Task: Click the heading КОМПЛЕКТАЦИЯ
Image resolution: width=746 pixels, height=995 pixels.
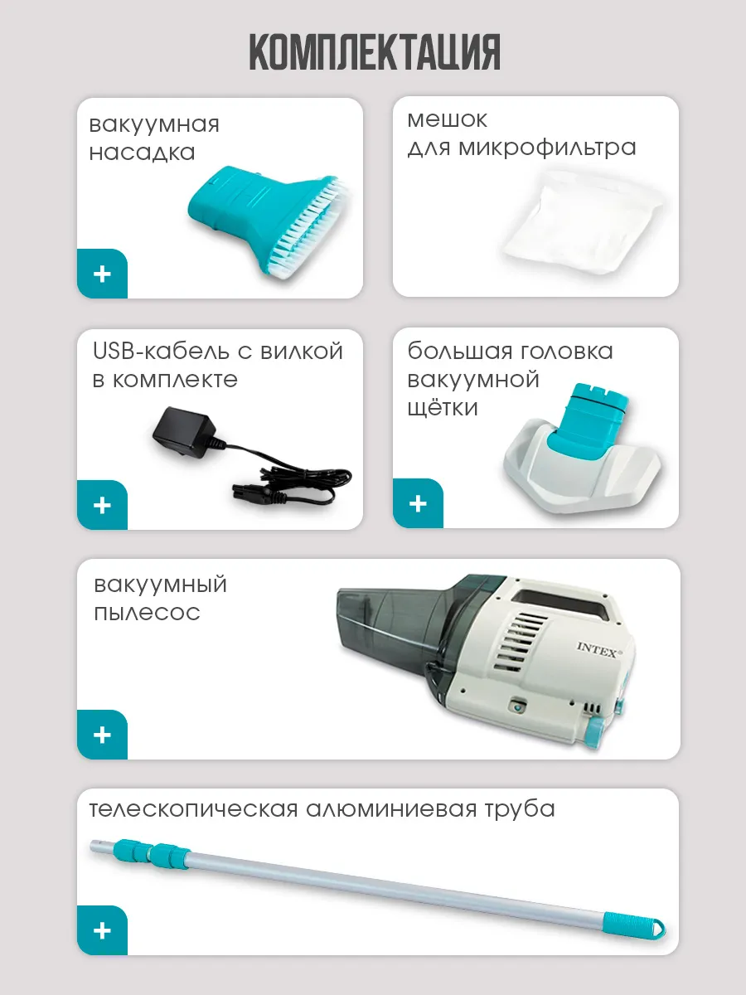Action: pyautogui.click(x=375, y=51)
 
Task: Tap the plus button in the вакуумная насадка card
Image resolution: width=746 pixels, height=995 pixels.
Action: pyautogui.click(x=102, y=274)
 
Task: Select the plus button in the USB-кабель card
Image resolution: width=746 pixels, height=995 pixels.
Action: pyautogui.click(x=102, y=505)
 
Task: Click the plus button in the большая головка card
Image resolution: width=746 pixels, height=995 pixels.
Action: pyautogui.click(x=418, y=503)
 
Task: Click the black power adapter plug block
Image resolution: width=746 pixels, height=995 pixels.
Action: pyautogui.click(x=182, y=429)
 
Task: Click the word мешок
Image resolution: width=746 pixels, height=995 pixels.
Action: pyautogui.click(x=447, y=120)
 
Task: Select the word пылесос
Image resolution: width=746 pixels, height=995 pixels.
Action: pyautogui.click(x=148, y=613)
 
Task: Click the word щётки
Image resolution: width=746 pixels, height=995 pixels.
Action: pyautogui.click(x=443, y=407)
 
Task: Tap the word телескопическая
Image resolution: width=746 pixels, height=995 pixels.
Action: pyautogui.click(x=193, y=810)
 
